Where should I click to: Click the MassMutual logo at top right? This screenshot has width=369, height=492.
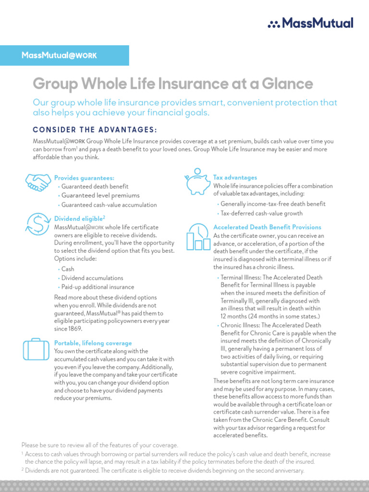tap(310, 23)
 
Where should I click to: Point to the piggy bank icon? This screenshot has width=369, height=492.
tap(197, 182)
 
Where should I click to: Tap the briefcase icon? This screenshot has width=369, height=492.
tap(36, 349)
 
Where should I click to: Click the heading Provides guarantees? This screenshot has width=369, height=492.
tap(84, 178)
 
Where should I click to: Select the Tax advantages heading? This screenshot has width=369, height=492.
tap(235, 178)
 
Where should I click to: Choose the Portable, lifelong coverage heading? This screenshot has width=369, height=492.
tap(93, 343)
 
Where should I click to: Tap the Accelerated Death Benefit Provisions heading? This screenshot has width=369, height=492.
tap(267, 227)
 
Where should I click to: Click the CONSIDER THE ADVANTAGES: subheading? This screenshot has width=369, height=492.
tap(95, 130)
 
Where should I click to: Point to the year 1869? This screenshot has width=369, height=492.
tap(75, 329)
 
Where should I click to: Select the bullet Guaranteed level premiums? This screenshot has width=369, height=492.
tap(100, 196)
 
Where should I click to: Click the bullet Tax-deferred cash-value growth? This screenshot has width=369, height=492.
tap(261, 213)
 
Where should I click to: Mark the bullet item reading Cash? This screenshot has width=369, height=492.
tap(68, 269)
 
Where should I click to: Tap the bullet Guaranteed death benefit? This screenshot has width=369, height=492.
tap(95, 186)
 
